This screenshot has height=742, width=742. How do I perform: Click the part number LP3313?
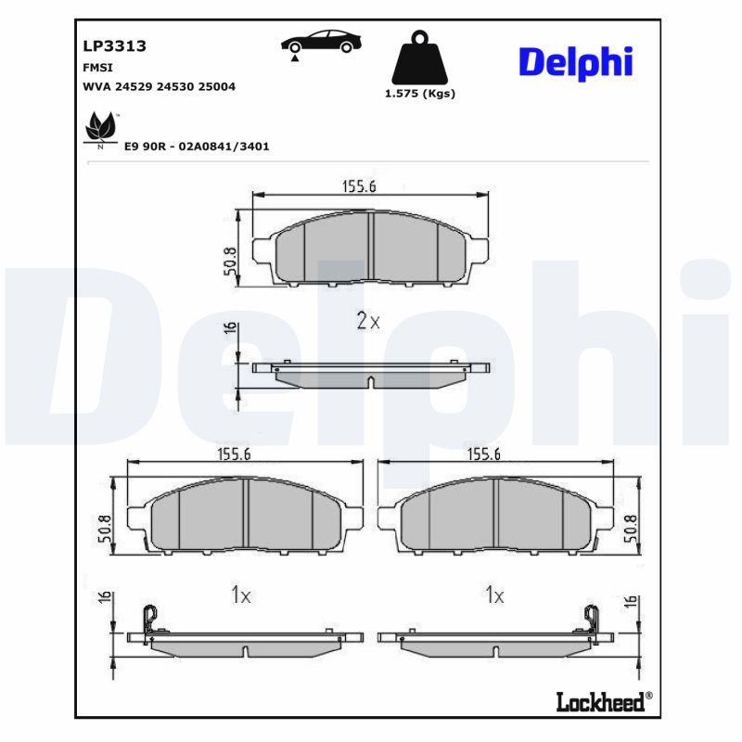(115, 45)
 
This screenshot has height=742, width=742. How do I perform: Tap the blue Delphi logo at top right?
(575, 61)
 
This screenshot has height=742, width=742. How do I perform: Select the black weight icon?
(419, 58)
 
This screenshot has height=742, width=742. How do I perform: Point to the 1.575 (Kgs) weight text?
(419, 94)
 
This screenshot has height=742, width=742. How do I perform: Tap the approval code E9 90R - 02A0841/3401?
(196, 147)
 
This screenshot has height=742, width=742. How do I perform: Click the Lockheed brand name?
(599, 702)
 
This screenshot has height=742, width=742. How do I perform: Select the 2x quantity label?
(368, 322)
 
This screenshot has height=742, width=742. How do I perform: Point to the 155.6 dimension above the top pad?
(359, 186)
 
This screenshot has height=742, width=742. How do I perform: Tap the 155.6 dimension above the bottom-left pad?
(234, 454)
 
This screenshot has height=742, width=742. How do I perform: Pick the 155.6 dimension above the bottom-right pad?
(483, 454)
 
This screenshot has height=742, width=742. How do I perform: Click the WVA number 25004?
(217, 86)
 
